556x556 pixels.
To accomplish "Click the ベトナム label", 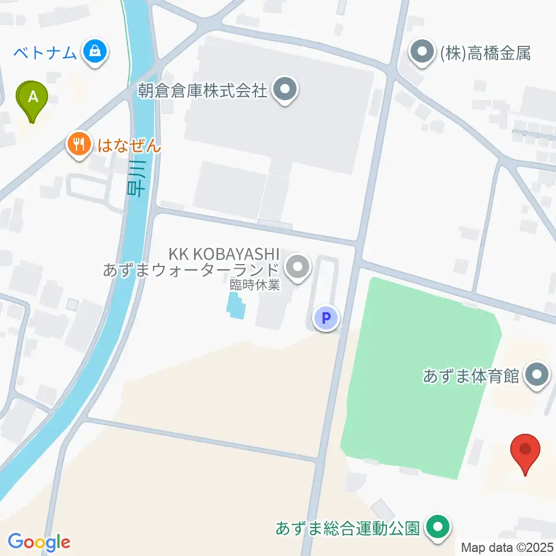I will coord(46,53).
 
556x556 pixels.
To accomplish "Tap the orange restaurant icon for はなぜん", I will coord(79,144).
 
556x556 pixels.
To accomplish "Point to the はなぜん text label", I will coord(129,144).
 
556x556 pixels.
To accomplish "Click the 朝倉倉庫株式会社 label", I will coord(202,90).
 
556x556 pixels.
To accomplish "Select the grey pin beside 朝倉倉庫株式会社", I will coord(284,90).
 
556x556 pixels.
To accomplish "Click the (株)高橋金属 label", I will coord(485,54).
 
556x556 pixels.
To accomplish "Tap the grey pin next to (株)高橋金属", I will coord(423,53).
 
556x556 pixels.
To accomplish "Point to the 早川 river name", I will coord(137,182).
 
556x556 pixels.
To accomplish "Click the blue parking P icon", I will coord(325,318).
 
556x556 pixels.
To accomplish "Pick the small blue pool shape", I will coord(235,305).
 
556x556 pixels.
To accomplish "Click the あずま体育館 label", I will coord(470,376).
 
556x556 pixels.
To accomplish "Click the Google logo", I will coord(39,542).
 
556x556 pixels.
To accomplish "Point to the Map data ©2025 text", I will coord(507,547).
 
